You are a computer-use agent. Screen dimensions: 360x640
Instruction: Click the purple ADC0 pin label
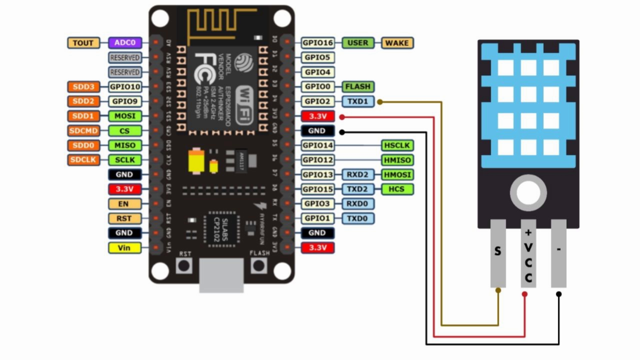pyautogui.click(x=125, y=43)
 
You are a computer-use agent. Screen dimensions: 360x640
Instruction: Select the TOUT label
pyautogui.click(x=83, y=43)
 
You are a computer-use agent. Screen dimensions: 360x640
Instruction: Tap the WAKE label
pyautogui.click(x=397, y=43)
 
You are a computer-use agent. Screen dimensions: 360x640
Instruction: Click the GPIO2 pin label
pyautogui.click(x=317, y=101)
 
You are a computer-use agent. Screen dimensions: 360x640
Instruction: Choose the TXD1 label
pyautogui.click(x=358, y=101)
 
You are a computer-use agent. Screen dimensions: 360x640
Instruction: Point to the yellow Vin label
pyautogui.click(x=124, y=248)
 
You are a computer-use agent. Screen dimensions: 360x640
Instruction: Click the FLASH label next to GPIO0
pyautogui.click(x=358, y=87)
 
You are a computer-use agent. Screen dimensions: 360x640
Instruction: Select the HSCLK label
pyautogui.click(x=397, y=145)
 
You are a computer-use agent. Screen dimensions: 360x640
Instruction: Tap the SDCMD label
pyautogui.click(x=83, y=131)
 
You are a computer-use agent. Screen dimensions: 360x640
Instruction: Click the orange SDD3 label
pyautogui.click(x=83, y=87)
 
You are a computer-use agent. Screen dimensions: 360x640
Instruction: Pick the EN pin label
pyautogui.click(x=124, y=204)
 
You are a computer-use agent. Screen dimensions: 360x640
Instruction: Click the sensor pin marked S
pyautogui.click(x=498, y=253)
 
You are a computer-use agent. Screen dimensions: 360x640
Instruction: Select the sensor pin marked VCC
pyautogui.click(x=528, y=253)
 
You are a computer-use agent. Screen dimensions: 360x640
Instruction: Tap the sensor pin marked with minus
pyautogui.click(x=559, y=253)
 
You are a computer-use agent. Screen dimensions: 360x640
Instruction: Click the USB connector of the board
pyautogui.click(x=221, y=275)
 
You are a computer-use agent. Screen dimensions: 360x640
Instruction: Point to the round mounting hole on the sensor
pyautogui.click(x=528, y=193)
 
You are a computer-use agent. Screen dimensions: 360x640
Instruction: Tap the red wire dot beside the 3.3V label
pyautogui.click(x=342, y=117)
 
